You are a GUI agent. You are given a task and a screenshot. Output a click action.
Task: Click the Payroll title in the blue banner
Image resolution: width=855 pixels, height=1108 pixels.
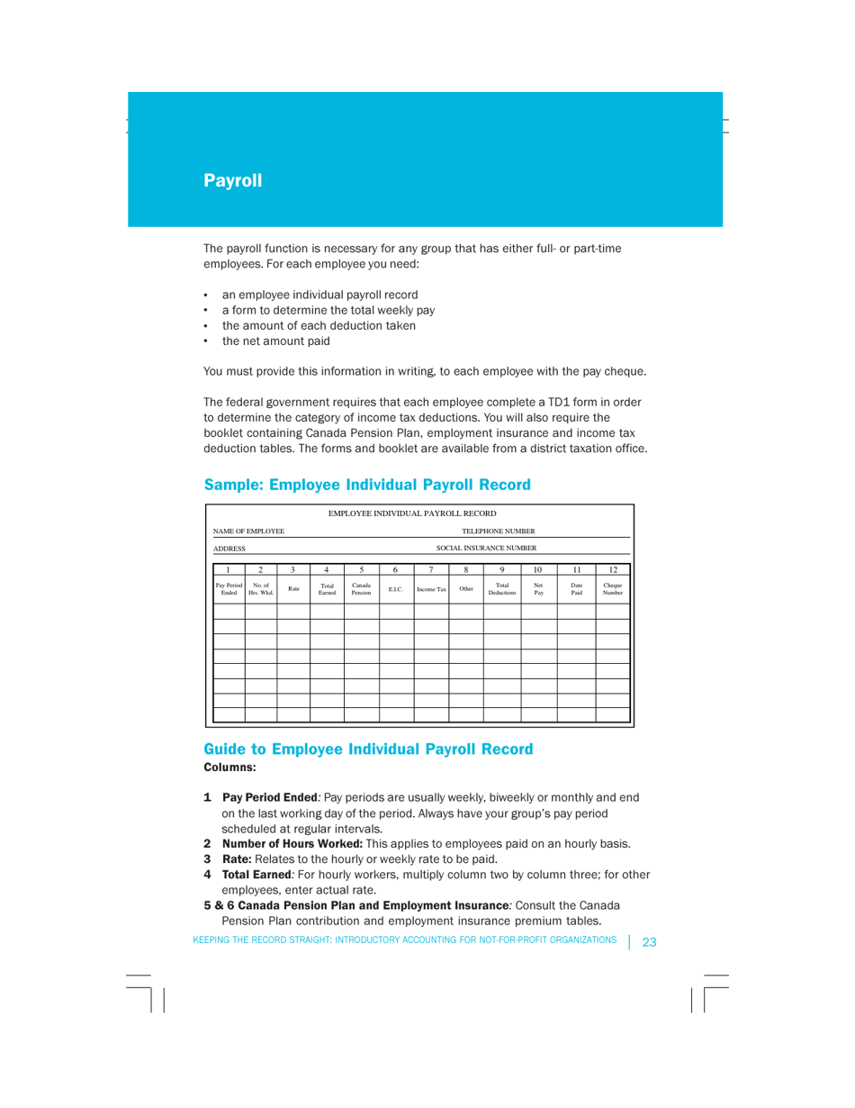click(232, 180)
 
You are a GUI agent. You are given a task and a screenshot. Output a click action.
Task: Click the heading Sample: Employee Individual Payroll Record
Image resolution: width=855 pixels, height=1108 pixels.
click(367, 484)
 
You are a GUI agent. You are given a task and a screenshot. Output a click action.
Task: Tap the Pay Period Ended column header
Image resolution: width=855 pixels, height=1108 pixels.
click(229, 589)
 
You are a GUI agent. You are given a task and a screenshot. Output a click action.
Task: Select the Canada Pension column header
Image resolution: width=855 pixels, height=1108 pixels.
click(361, 589)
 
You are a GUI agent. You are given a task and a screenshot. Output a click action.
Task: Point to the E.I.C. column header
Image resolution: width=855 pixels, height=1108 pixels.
click(396, 589)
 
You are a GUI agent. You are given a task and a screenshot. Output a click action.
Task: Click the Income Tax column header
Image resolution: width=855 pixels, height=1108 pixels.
click(430, 589)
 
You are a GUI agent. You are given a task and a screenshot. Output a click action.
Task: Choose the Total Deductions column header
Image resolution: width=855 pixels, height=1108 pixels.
click(501, 589)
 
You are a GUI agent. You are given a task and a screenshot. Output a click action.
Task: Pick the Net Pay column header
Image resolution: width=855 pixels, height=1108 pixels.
click(538, 589)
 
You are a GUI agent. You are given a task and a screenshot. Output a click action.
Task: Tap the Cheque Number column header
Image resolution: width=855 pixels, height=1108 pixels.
click(612, 589)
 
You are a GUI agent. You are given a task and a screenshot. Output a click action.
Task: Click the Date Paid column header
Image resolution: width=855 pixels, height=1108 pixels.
click(576, 589)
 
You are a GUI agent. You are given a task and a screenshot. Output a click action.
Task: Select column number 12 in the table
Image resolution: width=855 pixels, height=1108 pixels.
click(612, 569)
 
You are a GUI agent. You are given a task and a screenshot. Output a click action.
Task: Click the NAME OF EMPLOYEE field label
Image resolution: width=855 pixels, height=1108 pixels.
click(249, 531)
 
